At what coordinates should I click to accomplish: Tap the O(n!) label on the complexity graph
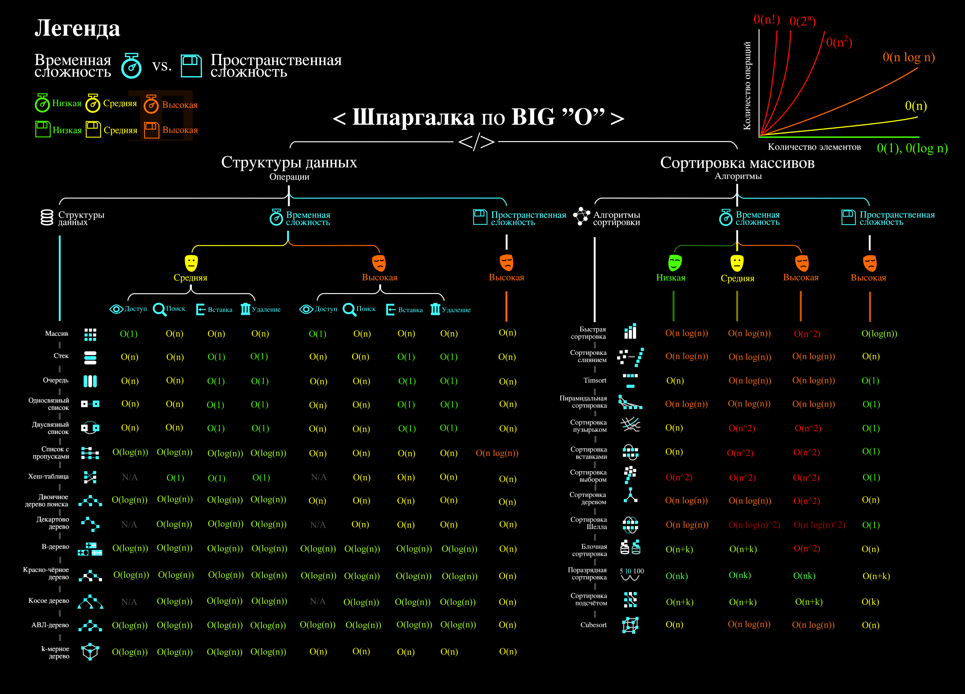point(766,20)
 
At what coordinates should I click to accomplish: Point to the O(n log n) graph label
point(908,57)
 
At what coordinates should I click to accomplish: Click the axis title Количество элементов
point(814,147)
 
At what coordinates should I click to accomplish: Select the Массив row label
point(57,334)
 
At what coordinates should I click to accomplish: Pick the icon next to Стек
point(90,357)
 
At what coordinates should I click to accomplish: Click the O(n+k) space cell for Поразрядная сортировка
point(876,576)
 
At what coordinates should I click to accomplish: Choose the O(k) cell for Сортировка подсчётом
point(870,602)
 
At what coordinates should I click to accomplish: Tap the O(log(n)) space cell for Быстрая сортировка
point(879,334)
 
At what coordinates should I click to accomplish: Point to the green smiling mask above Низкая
point(674,262)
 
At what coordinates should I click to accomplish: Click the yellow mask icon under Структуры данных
point(191,262)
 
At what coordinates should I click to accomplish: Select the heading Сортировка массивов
point(737,163)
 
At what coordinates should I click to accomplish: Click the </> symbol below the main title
point(476,142)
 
